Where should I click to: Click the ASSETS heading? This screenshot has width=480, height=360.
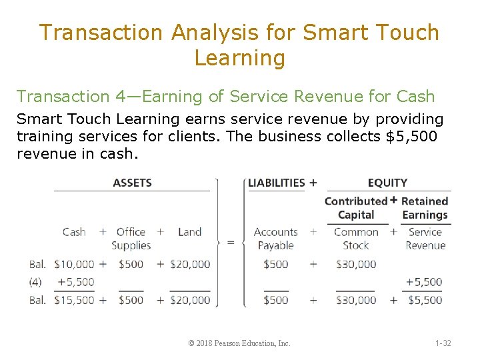132,183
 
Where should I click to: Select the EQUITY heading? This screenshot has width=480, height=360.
387,183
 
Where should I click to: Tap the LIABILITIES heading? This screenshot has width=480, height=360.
277,183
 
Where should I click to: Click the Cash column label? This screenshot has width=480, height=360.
74,232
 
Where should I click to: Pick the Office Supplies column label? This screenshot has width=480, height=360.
131,238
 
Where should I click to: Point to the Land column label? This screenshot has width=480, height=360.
189,232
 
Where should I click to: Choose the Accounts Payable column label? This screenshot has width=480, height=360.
275,238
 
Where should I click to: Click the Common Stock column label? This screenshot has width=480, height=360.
356,238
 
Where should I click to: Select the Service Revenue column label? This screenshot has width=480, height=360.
425,238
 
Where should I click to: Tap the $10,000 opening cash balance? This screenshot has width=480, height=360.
74,264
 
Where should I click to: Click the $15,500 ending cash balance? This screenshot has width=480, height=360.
74,300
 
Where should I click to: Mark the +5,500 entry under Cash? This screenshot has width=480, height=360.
76,282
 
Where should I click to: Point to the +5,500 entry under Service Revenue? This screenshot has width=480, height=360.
424,282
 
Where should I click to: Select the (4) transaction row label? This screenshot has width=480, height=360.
35,282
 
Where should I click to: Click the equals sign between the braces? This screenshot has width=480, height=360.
231,243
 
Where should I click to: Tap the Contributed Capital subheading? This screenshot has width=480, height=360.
356,208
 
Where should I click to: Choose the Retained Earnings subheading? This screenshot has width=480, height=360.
425,208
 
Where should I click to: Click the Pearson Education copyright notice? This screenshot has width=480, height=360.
239,343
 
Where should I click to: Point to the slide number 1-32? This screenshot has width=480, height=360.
443,343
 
